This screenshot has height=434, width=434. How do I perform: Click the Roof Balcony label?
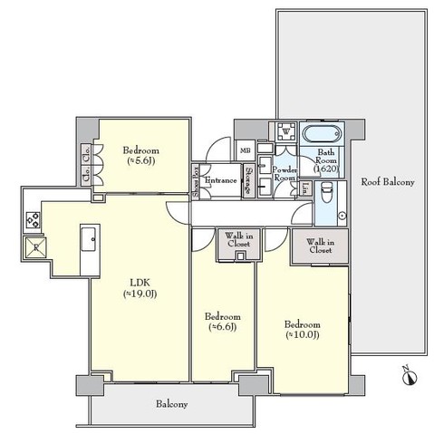pyautogui.click(x=387, y=182)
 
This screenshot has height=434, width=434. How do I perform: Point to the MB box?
pyautogui.click(x=245, y=151)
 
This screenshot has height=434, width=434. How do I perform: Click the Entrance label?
pyautogui.click(x=220, y=181)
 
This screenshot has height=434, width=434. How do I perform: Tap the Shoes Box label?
pyautogui.click(x=197, y=181)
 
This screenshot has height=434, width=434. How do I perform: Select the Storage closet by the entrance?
pyautogui.click(x=248, y=180)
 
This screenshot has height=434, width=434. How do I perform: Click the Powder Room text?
pyautogui.click(x=285, y=174)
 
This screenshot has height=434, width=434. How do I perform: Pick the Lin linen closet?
pyautogui.click(x=306, y=189)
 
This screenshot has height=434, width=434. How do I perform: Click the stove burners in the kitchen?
pyautogui.click(x=32, y=219)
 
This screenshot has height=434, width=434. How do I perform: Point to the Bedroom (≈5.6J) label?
pyautogui.click(x=141, y=156)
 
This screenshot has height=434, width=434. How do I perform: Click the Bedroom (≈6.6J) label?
pyautogui.click(x=222, y=321)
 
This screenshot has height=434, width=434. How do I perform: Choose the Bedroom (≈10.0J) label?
pyautogui.click(x=303, y=330)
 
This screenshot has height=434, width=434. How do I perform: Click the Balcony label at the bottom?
pyautogui.click(x=170, y=404)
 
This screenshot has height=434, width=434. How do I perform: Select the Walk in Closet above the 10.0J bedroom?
pyautogui.click(x=319, y=246)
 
